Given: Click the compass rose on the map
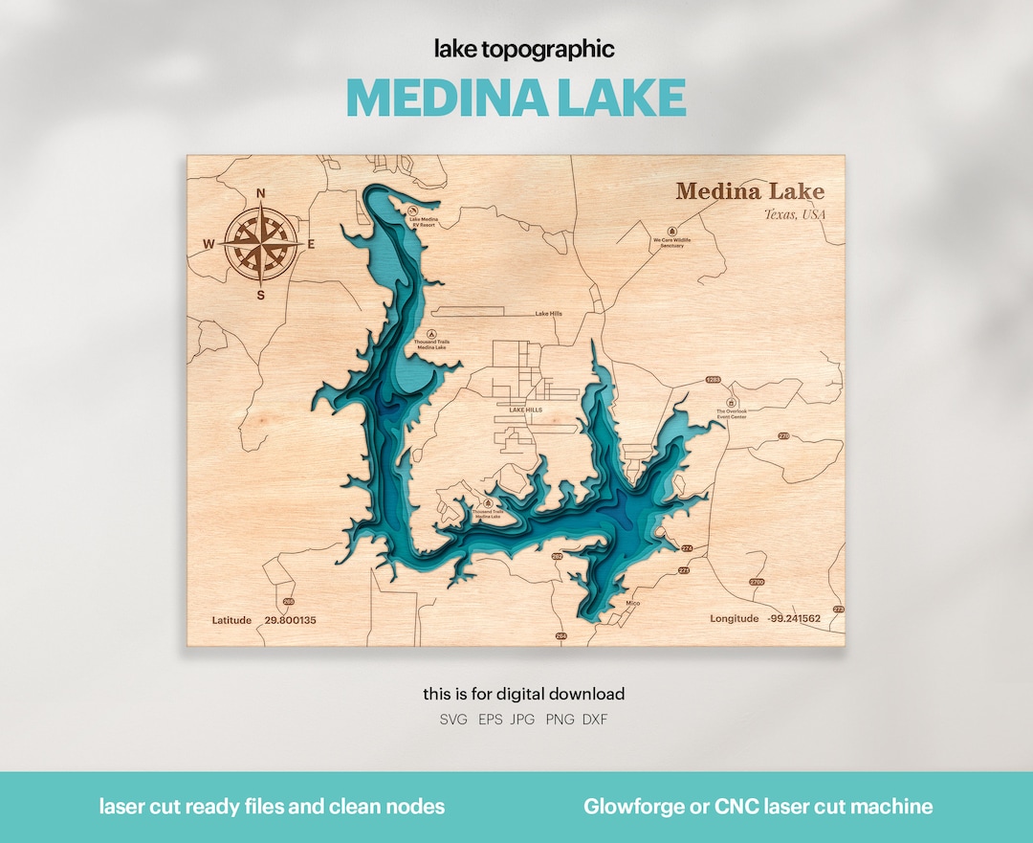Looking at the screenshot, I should click(259, 244).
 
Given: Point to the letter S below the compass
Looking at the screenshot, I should click(260, 295).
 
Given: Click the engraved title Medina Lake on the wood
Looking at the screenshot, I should click(749, 191).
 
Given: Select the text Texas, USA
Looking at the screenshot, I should click(794, 214).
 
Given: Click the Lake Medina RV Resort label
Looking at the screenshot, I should click(423, 222).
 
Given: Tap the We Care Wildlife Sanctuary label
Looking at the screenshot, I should click(671, 243).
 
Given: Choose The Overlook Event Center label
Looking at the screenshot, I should click(732, 414).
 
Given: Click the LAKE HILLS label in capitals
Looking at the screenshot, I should click(525, 410).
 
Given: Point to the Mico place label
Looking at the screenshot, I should click(632, 604).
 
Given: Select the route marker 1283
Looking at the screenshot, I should click(713, 380).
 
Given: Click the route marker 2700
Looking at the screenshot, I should click(757, 582).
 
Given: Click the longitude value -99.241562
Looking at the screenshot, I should click(793, 619).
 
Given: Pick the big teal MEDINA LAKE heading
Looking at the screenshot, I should click(516, 98).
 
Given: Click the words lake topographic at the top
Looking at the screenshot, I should click(523, 48).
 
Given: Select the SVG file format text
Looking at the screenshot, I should click(453, 720).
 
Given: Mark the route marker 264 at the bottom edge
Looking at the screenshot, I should click(560, 635).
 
